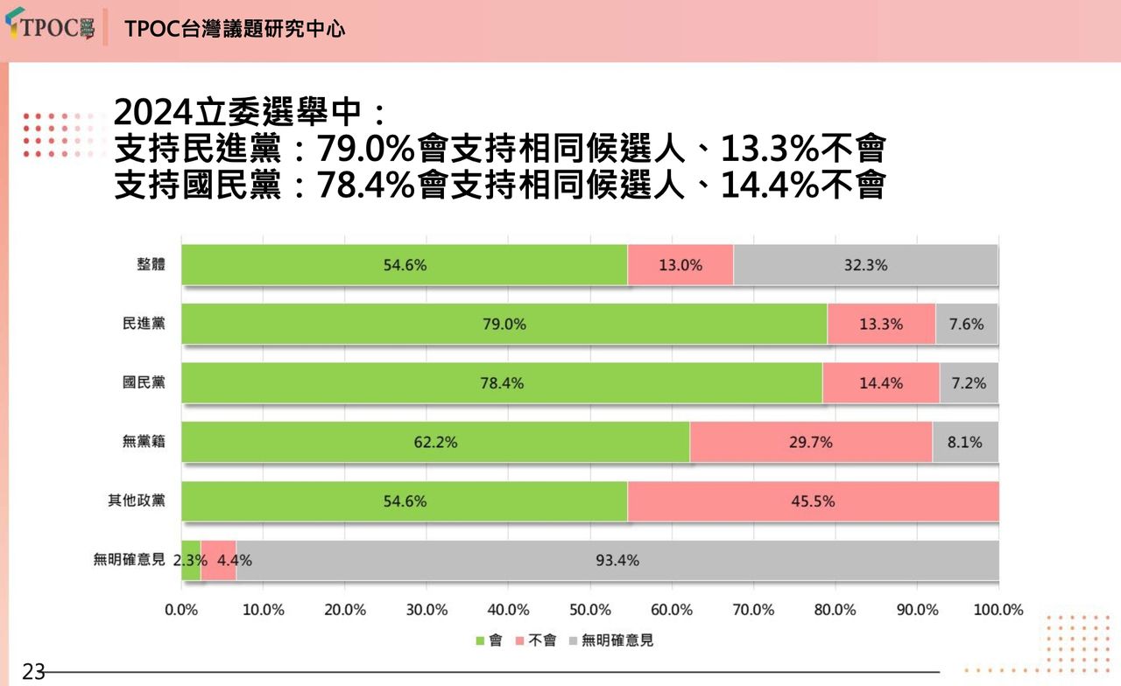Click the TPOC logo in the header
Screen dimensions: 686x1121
tap(50, 27)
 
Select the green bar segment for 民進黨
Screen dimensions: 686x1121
tap(504, 324)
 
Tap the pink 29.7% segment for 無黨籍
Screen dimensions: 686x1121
tap(810, 442)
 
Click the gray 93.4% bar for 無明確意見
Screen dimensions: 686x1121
tap(617, 560)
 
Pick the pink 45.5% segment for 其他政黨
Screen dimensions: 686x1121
tap(813, 501)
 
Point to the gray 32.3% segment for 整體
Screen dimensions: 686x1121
tap(865, 265)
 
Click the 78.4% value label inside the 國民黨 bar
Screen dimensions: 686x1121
tap(502, 383)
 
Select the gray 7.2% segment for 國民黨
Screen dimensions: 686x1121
tap(969, 383)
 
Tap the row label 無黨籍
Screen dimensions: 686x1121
tap(144, 442)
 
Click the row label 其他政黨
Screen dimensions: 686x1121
tap(137, 500)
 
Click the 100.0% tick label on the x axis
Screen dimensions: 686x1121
tap(998, 610)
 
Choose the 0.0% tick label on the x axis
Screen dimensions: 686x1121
tap(181, 610)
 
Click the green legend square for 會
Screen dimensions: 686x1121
tap(479, 640)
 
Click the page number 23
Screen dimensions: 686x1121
tap(33, 672)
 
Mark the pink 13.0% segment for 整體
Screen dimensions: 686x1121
tap(680, 265)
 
